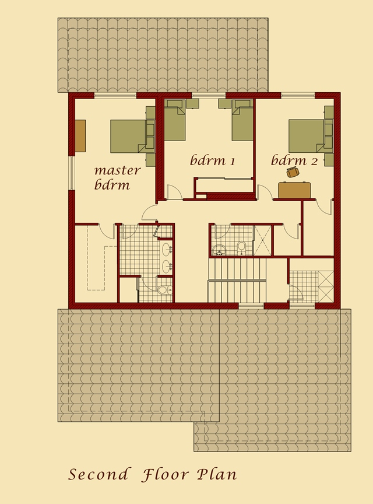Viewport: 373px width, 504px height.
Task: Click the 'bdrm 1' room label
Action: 212,160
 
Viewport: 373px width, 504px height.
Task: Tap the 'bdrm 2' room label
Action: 294,160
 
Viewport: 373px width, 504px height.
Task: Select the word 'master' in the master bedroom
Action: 117,170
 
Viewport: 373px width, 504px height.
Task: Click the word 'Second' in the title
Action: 98,474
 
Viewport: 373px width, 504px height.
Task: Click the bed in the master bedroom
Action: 129,136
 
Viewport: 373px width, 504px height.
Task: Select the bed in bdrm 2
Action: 307,136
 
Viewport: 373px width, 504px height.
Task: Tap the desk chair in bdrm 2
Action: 293,172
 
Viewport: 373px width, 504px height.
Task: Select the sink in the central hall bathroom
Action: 219,251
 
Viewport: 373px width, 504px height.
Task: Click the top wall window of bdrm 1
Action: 208,95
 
